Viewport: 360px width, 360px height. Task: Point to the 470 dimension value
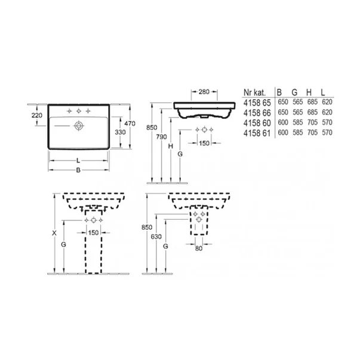click(138, 124)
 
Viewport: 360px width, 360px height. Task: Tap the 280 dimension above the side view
click(203, 93)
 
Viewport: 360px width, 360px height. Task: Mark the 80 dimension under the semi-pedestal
click(200, 249)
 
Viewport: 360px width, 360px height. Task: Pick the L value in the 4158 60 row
click(326, 122)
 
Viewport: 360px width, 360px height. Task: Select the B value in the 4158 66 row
click(281, 112)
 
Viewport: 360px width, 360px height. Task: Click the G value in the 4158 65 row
click(296, 102)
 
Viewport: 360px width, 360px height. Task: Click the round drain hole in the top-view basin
click(78, 126)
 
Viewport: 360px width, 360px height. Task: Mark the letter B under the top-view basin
click(78, 171)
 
